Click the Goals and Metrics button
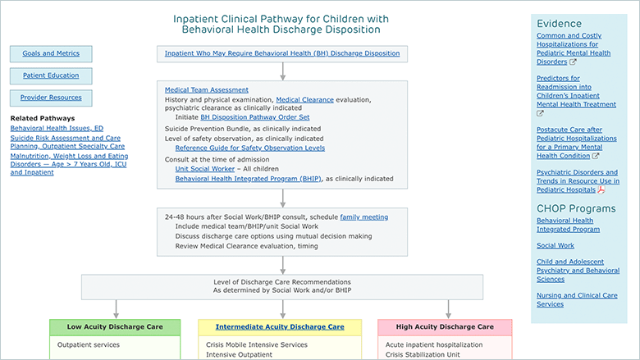[51, 53]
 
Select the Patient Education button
[51, 75]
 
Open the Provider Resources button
[51, 98]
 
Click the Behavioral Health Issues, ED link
[57, 128]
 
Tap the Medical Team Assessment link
[207, 89]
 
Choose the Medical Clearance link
[305, 99]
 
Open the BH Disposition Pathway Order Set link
[254, 117]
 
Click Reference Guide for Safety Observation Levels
[250, 148]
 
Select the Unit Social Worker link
[205, 169]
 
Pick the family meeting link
[364, 216]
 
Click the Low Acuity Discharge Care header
[115, 327]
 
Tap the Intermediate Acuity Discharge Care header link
[280, 327]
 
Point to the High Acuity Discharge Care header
[445, 327]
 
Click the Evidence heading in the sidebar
[560, 24]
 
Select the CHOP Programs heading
[576, 208]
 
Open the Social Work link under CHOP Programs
[555, 245]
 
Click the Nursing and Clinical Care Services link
[577, 299]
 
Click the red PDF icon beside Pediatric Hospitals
[601, 189]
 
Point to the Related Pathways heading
[43, 118]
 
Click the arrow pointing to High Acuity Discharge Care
[448, 309]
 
